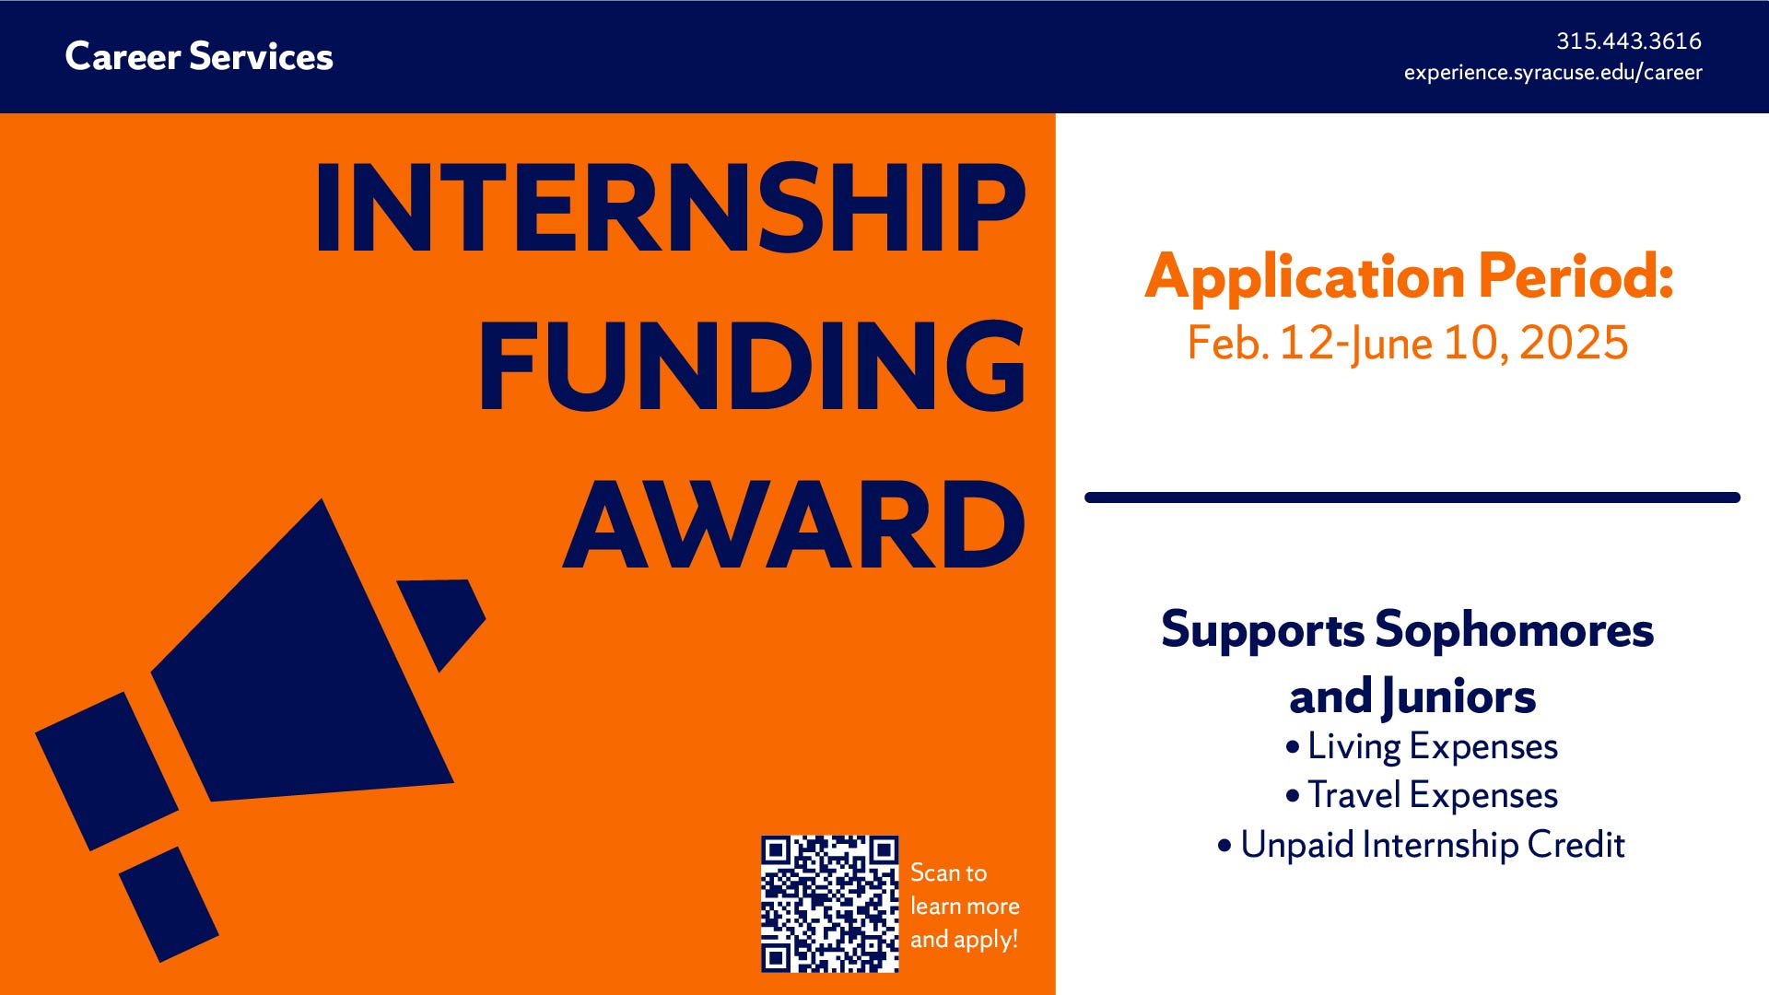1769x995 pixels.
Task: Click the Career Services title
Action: [x=199, y=56]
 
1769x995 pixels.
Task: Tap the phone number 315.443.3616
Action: [x=1628, y=41]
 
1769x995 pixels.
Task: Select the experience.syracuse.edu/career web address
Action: [x=1552, y=72]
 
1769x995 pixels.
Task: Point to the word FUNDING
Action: [x=752, y=366]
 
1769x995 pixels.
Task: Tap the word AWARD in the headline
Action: [x=794, y=524]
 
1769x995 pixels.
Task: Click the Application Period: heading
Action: [x=1409, y=275]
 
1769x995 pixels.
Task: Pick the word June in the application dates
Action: [x=1392, y=345]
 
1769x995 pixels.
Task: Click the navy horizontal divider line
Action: [x=1412, y=497]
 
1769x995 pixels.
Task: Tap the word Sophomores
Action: [x=1514, y=631]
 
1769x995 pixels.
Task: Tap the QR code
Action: [x=829, y=904]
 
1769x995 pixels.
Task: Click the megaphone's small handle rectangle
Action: [x=169, y=905]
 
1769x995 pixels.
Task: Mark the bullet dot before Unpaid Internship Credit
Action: [x=1224, y=845]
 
